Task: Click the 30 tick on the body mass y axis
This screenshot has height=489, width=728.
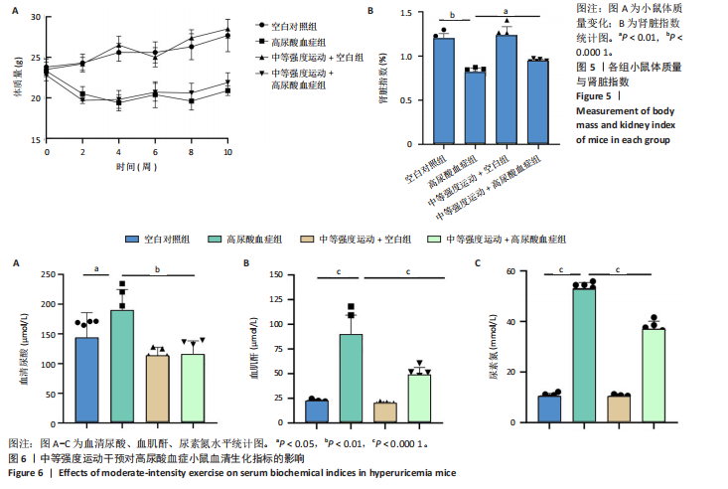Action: pos(37,18)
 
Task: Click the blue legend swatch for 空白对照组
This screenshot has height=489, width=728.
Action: pos(130,239)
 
